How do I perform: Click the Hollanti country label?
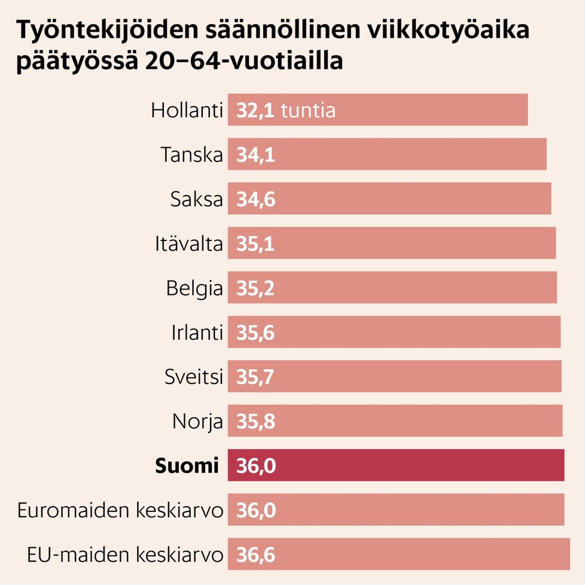click(187, 111)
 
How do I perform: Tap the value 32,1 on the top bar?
click(255, 111)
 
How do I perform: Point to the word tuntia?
click(308, 111)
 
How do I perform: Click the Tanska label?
click(191, 155)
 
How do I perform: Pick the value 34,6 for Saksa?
click(255, 199)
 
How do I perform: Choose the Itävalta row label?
click(188, 243)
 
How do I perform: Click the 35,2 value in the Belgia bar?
click(255, 288)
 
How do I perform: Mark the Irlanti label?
click(197, 333)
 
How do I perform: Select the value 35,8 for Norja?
click(255, 421)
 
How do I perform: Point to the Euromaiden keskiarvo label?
click(120, 510)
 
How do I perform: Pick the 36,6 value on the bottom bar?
click(255, 554)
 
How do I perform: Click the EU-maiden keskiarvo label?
click(125, 554)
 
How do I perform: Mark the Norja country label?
click(197, 421)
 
